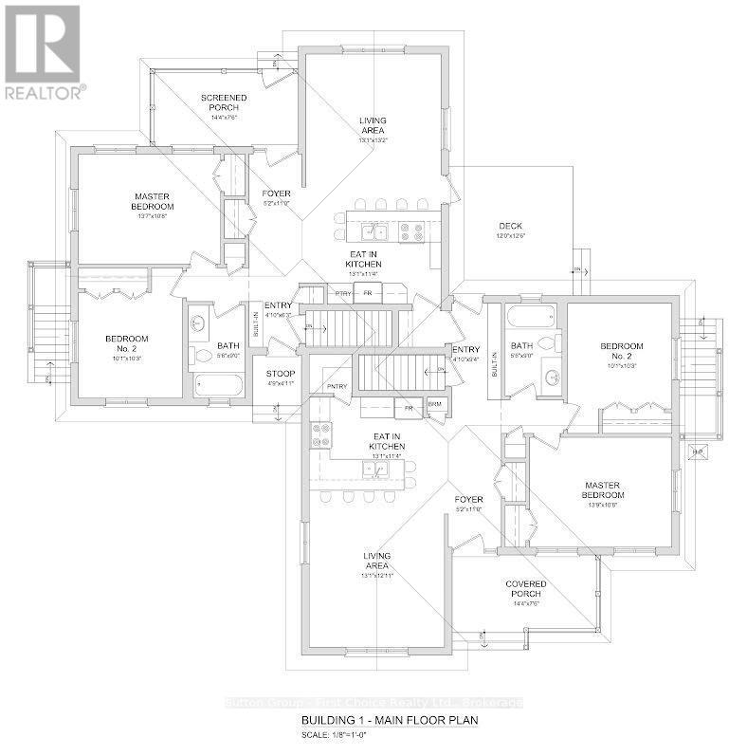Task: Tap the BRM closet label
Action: pos(435,405)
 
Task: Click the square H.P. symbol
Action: pos(701,452)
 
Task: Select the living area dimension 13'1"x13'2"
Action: pos(373,139)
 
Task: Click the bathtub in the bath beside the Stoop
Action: pos(218,385)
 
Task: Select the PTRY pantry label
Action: pos(343,294)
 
